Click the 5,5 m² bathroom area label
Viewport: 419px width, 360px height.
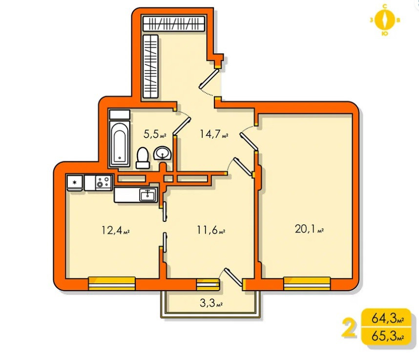coord(155,133)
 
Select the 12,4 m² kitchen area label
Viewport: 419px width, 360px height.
coord(115,230)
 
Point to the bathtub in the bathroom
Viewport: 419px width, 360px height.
coord(120,144)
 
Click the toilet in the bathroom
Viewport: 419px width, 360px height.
coord(143,157)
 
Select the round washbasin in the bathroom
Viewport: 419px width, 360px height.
coord(162,154)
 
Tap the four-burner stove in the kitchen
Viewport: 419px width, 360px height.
coord(103,183)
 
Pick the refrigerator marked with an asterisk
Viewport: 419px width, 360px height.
coord(75,183)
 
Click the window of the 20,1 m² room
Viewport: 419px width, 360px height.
coord(307,283)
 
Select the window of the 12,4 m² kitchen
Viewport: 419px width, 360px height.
coord(111,283)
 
